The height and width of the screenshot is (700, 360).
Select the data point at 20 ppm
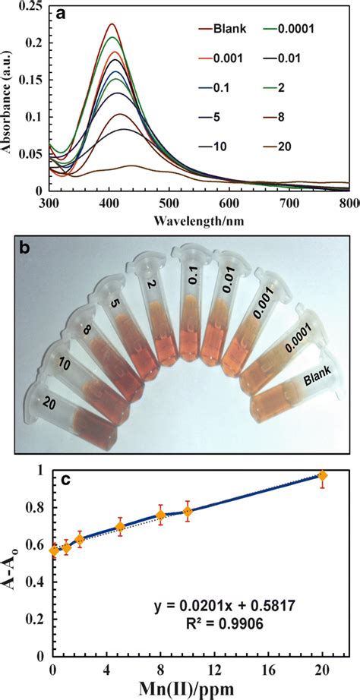[323, 476]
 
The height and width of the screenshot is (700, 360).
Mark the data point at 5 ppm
[120, 526]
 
